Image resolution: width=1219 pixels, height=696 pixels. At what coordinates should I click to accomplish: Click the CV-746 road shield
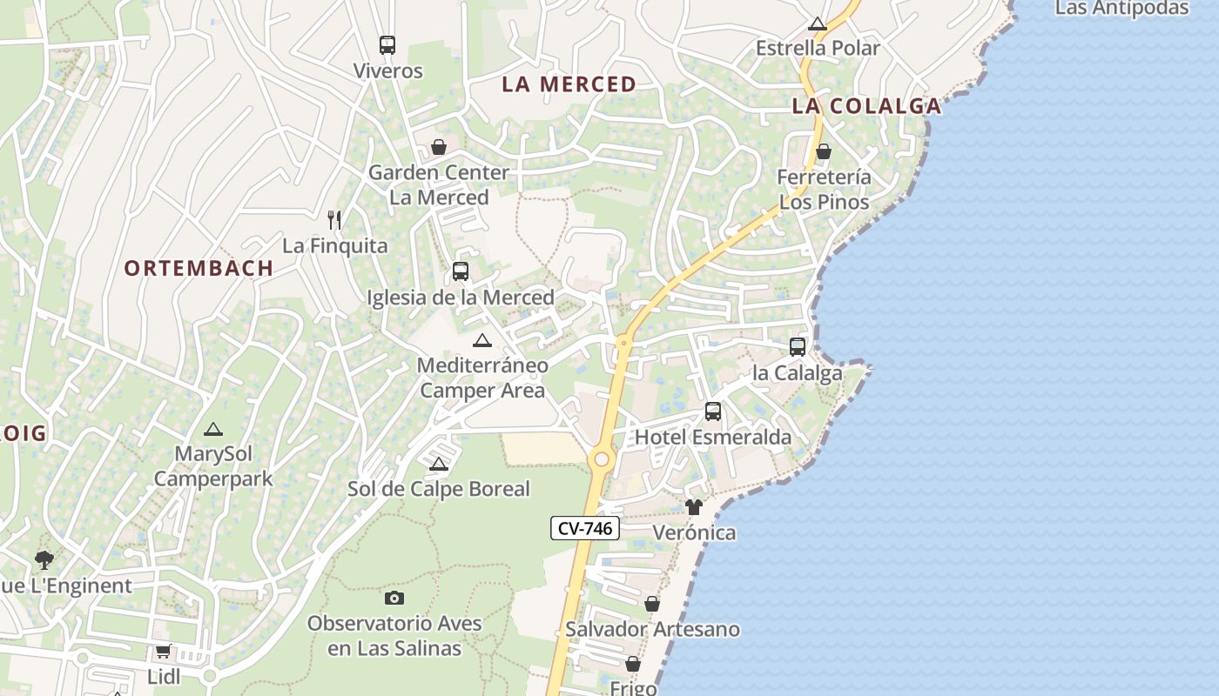coord(584,528)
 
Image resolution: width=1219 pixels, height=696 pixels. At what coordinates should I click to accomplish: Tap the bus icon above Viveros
coord(387,45)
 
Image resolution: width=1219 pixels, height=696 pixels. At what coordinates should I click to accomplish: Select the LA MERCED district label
coord(569,84)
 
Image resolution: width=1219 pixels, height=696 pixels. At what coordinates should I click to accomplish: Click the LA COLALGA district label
coord(866,106)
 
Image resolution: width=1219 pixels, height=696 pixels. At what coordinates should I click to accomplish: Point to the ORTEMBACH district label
coord(199,268)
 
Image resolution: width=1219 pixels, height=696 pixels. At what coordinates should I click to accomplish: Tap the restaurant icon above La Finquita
coord(334,219)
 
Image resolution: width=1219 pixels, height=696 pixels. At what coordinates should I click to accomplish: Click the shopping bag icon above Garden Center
coord(439,146)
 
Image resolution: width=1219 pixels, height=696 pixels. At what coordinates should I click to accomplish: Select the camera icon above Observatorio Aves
coord(394,598)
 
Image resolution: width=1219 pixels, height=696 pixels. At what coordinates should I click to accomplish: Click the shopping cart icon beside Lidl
coord(163,651)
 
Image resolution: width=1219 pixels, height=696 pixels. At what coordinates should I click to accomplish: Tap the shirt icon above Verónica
coord(693,506)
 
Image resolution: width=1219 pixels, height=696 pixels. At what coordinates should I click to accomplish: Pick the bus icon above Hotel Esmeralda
coord(713,411)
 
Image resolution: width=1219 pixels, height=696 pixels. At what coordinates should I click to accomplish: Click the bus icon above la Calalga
coord(797,346)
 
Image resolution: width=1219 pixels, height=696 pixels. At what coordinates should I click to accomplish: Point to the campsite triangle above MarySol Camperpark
coord(213,429)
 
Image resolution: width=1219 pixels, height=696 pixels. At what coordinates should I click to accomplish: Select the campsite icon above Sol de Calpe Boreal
coord(439,464)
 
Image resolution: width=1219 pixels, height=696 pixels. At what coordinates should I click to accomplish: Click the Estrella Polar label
coord(818,48)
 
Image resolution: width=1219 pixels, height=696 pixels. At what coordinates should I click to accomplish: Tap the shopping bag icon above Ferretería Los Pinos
coord(824,151)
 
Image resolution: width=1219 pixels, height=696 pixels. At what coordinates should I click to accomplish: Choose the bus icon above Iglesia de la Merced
coord(461,271)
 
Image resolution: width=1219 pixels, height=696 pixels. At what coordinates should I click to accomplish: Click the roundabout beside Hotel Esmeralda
coord(601,458)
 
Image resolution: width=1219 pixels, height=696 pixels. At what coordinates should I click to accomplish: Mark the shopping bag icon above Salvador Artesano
coord(652,603)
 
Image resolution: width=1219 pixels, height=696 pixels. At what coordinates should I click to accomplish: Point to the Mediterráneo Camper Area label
coord(482,378)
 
